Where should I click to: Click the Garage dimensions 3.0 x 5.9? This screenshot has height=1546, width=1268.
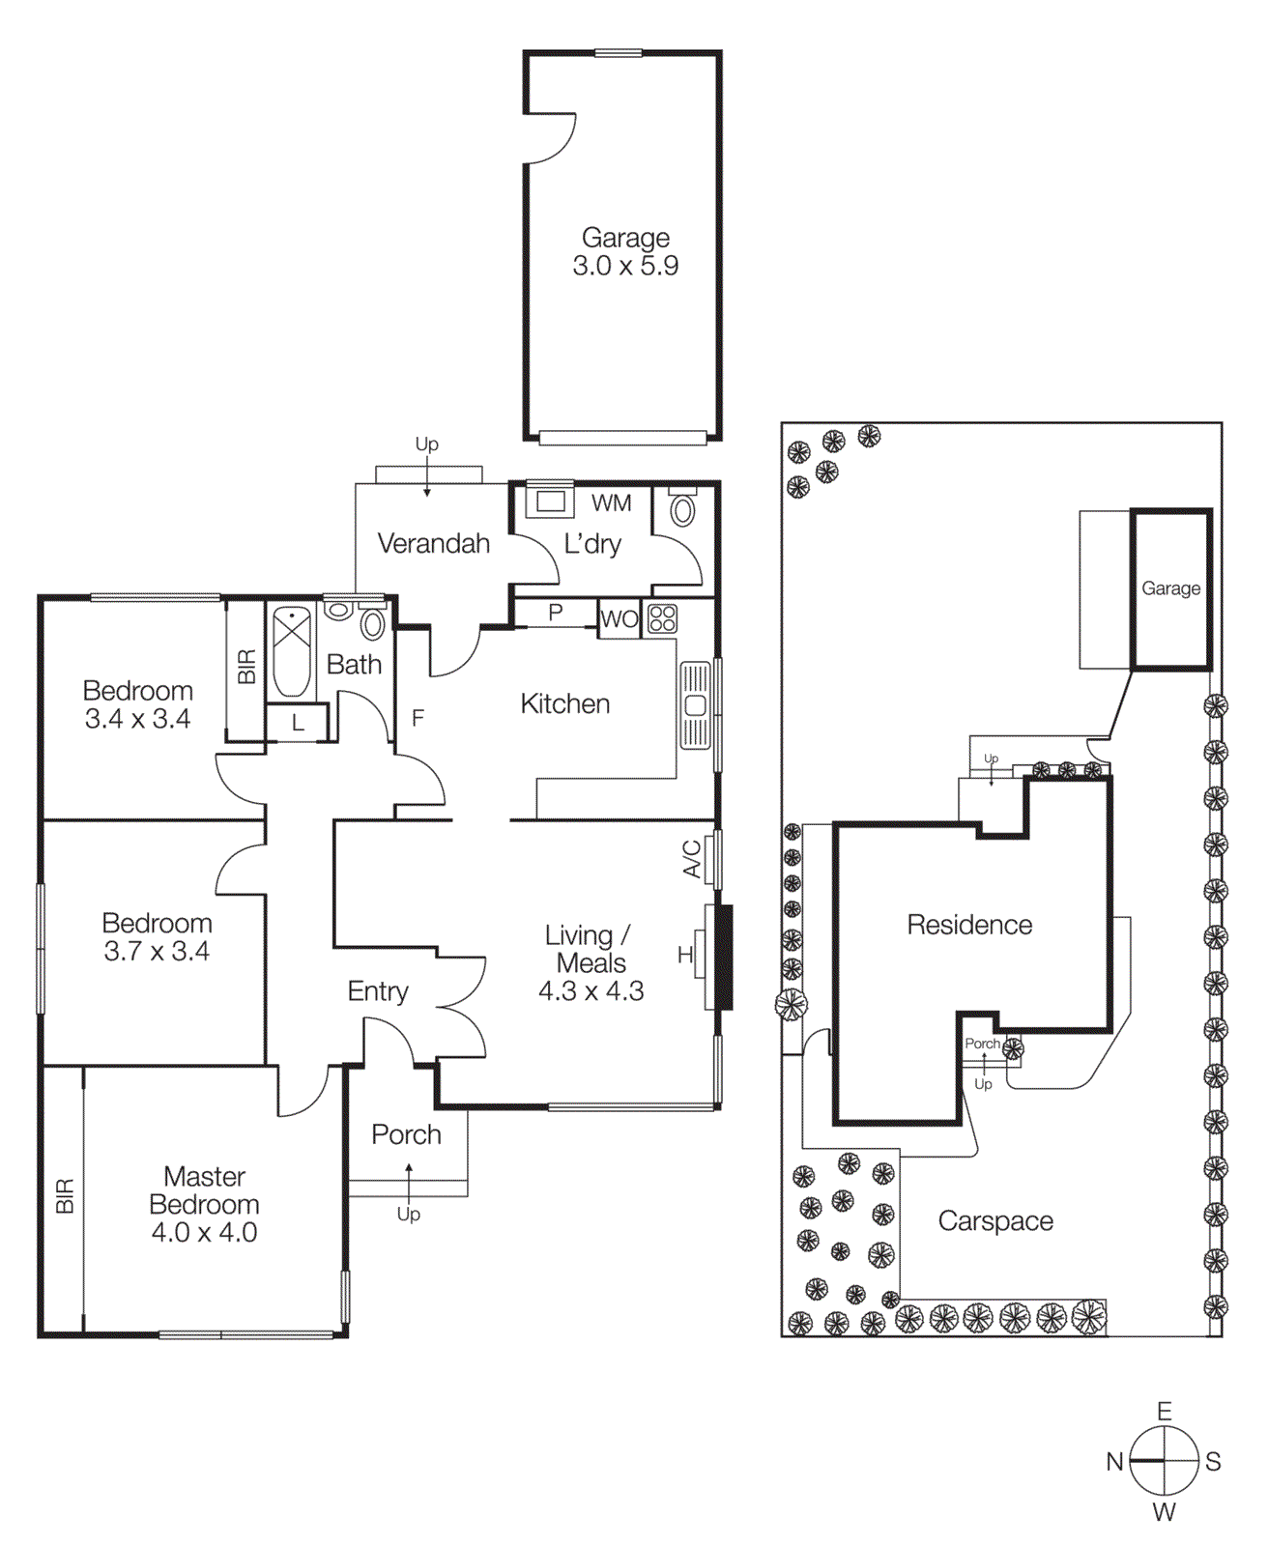pyautogui.click(x=625, y=266)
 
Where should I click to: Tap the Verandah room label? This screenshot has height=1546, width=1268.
pyautogui.click(x=433, y=543)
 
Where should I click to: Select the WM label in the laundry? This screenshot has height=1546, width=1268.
pyautogui.click(x=611, y=502)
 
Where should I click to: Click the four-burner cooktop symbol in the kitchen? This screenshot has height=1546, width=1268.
pyautogui.click(x=662, y=618)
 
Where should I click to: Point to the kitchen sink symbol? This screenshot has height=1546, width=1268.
pyautogui.click(x=695, y=705)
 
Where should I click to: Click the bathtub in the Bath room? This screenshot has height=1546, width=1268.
pyautogui.click(x=291, y=650)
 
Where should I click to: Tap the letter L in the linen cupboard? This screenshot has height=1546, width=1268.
pyautogui.click(x=298, y=723)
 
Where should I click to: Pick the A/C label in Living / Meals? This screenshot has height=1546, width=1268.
pyautogui.click(x=692, y=858)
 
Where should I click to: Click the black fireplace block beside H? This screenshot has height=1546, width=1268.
pyautogui.click(x=723, y=957)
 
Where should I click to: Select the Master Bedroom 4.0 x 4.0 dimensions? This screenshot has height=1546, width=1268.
pyautogui.click(x=204, y=1232)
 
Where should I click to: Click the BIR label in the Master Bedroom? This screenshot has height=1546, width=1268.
pyautogui.click(x=64, y=1195)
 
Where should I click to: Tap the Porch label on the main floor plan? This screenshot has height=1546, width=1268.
pyautogui.click(x=406, y=1134)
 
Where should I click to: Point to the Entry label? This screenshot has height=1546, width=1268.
pyautogui.click(x=378, y=991)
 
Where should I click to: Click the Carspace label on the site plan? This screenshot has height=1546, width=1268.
pyautogui.click(x=995, y=1220)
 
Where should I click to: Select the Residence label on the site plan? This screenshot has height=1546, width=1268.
pyautogui.click(x=969, y=925)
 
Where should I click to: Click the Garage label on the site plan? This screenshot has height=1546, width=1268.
pyautogui.click(x=1170, y=588)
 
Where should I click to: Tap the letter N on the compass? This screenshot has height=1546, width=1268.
pyautogui.click(x=1114, y=1462)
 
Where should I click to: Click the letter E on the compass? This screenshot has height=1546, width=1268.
pyautogui.click(x=1165, y=1411)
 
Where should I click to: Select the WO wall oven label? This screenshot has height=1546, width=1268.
pyautogui.click(x=619, y=618)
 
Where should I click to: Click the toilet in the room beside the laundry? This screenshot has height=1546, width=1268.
pyautogui.click(x=682, y=509)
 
